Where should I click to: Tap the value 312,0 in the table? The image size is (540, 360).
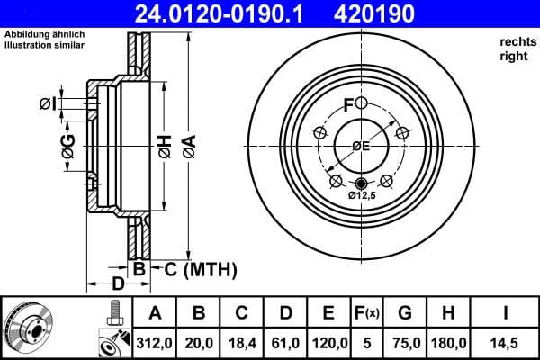coord(154,342)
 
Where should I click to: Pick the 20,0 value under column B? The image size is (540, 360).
coord(198,342)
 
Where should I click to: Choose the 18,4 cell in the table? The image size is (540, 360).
coord(241,342)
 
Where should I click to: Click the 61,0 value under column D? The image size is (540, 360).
coord(284,342)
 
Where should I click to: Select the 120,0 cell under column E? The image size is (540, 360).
coord(328,342)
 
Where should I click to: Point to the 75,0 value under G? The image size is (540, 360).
coord(406,342)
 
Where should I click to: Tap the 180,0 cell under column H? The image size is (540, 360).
coord(450,342)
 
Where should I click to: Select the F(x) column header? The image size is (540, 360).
coord(367,313)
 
